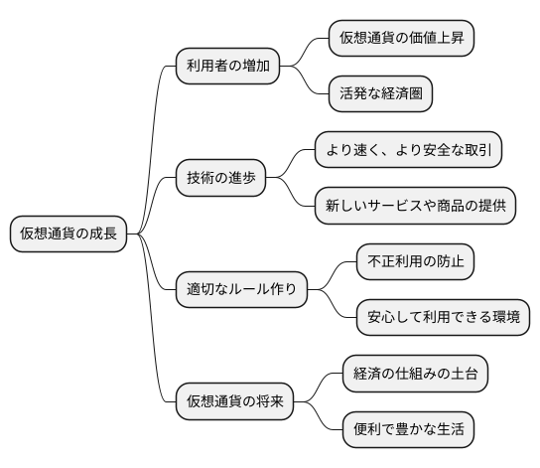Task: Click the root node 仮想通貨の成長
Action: click(x=68, y=234)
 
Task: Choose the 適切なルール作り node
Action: click(x=240, y=290)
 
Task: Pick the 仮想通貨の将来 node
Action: click(x=234, y=402)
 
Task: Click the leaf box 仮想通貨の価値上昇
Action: click(x=400, y=39)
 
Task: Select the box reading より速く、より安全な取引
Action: click(x=407, y=150)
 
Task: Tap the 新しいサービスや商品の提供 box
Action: click(x=414, y=206)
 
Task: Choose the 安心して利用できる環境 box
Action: click(x=442, y=318)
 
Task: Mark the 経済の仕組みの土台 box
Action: click(x=414, y=374)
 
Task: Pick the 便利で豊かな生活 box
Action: click(x=407, y=430)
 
